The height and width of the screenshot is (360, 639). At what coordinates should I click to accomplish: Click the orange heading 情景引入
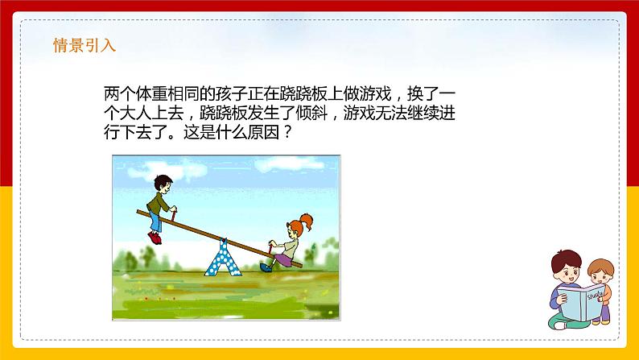85,45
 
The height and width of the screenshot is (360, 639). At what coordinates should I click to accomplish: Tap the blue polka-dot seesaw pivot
223,257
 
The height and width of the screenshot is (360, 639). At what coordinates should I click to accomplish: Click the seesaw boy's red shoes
155,238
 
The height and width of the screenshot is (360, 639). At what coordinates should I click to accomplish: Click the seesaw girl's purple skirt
283,259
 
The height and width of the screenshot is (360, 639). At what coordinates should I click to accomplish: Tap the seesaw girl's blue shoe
266,267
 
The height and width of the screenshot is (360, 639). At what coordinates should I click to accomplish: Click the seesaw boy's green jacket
158,203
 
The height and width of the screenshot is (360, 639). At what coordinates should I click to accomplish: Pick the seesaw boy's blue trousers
155,221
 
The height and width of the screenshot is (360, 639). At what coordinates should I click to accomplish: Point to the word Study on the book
596,293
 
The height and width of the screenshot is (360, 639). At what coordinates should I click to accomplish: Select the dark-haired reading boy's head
567,266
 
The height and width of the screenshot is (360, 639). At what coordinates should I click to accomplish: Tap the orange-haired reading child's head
600,271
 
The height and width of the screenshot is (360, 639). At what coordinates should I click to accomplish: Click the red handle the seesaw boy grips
174,213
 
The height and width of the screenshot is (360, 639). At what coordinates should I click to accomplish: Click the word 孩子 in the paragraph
232,94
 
